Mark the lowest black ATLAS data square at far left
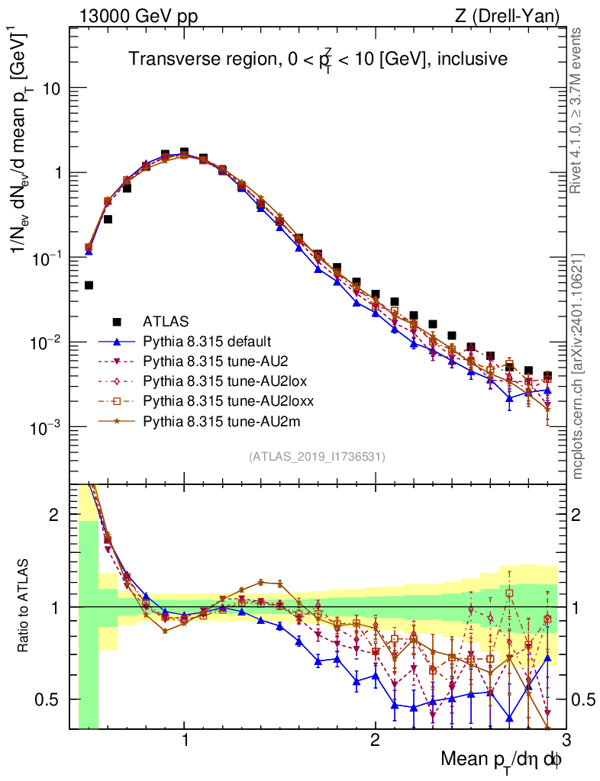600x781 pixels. click(89, 285)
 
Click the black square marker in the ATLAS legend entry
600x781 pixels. click(116, 320)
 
